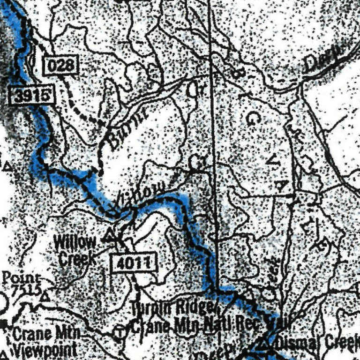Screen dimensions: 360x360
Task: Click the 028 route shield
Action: pyautogui.click(x=61, y=65)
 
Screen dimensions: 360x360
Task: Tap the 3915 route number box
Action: pyautogui.click(x=32, y=96)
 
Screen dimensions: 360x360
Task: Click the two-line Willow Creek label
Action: pyautogui.click(x=75, y=250)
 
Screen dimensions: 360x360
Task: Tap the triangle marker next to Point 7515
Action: pyautogui.click(x=45, y=296)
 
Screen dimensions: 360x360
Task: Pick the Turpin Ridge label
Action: pyautogui.click(x=173, y=308)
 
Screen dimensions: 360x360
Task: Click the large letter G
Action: pyautogui.click(x=252, y=119)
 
